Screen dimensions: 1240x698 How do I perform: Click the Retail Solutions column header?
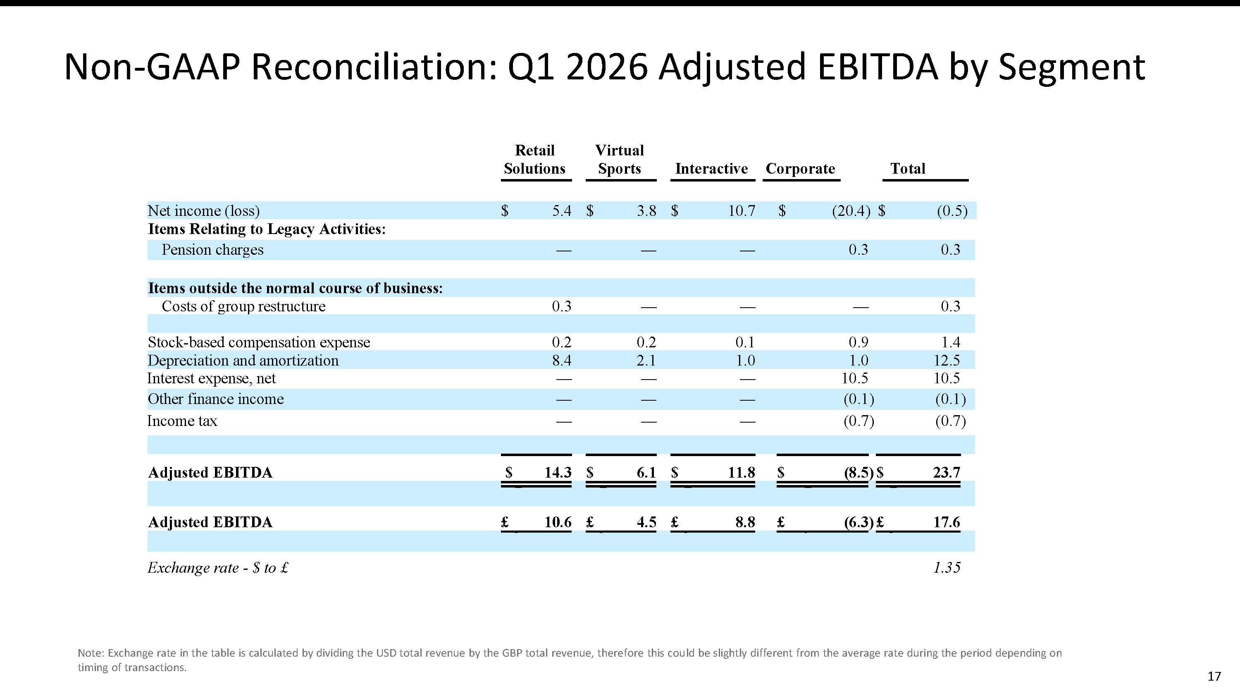[x=534, y=160]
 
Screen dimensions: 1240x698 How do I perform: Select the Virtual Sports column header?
[x=620, y=160]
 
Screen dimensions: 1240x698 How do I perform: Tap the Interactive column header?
[x=711, y=169]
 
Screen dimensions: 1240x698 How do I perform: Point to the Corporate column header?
[x=801, y=169]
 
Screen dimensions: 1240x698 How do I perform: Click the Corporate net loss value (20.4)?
[x=851, y=211]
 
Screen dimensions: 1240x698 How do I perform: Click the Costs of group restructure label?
[x=243, y=306]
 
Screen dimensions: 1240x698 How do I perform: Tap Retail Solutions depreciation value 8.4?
[x=562, y=360]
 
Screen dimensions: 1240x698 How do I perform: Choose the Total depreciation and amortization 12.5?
[x=947, y=360]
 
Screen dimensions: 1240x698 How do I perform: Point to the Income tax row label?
[x=182, y=421]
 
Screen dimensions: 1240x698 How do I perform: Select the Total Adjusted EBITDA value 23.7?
[x=947, y=473]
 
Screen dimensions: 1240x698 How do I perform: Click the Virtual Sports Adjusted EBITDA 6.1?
[x=646, y=473]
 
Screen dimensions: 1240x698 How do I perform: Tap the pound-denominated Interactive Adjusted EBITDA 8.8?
[x=745, y=522]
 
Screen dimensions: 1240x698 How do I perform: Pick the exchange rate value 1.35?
[x=947, y=568]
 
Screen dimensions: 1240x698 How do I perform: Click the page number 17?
[x=1214, y=677]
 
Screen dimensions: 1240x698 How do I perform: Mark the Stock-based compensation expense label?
[x=259, y=342]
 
